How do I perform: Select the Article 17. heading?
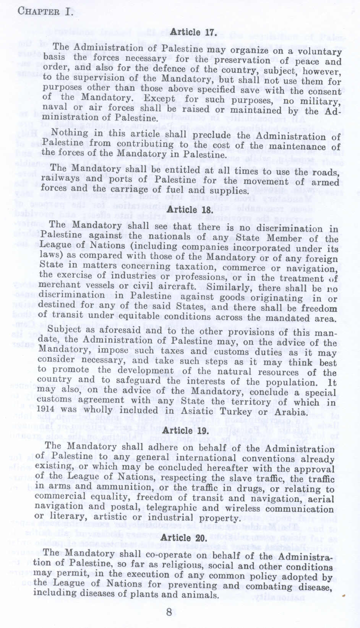pyautogui.click(x=193, y=33)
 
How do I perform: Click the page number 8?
pyautogui.click(x=169, y=612)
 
